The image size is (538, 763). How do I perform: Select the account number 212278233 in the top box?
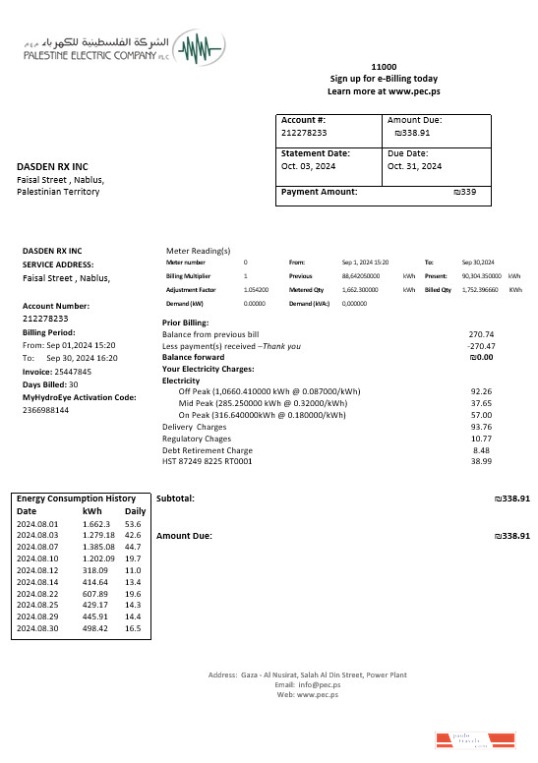pyautogui.click(x=304, y=132)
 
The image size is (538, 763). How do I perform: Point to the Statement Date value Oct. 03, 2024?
pyautogui.click(x=309, y=166)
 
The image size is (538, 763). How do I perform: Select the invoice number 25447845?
pyautogui.click(x=71, y=372)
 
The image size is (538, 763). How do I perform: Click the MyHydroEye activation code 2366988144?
pyautogui.click(x=46, y=410)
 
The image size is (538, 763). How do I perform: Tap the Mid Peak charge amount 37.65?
pyautogui.click(x=482, y=403)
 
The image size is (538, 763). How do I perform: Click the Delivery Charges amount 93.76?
pyautogui.click(x=482, y=427)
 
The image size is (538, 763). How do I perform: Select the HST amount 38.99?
pyautogui.click(x=482, y=461)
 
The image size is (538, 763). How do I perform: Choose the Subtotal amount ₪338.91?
pyautogui.click(x=510, y=499)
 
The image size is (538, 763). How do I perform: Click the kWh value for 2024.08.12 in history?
pyautogui.click(x=94, y=570)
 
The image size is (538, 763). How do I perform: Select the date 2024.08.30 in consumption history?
pyautogui.click(x=39, y=628)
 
